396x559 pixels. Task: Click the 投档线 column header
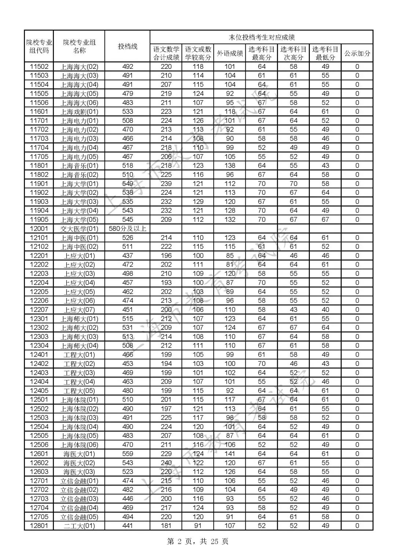click(x=127, y=46)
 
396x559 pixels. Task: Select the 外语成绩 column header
click(x=230, y=53)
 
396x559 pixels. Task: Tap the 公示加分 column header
click(x=357, y=53)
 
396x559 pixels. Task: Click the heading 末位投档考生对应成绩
click(x=261, y=37)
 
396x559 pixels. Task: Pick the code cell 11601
click(x=39, y=112)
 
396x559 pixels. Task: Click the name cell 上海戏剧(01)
click(x=79, y=112)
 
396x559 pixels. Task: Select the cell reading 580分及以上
click(x=127, y=229)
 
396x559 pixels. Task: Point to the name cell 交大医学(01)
click(x=79, y=229)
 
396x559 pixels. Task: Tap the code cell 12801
click(x=39, y=526)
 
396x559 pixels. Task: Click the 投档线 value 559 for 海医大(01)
click(x=127, y=454)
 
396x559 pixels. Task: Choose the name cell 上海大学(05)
click(x=79, y=220)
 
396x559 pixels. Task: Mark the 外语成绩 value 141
click(x=230, y=454)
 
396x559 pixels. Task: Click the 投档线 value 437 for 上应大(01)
click(x=127, y=256)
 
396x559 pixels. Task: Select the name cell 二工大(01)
click(x=79, y=526)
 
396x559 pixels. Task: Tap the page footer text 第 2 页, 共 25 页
click(x=198, y=541)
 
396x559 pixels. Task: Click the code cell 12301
click(x=39, y=319)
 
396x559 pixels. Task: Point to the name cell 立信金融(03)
click(x=79, y=499)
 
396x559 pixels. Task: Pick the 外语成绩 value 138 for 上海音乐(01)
click(x=230, y=165)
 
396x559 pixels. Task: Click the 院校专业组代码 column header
click(x=39, y=46)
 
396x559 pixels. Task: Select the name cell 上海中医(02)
click(x=79, y=247)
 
